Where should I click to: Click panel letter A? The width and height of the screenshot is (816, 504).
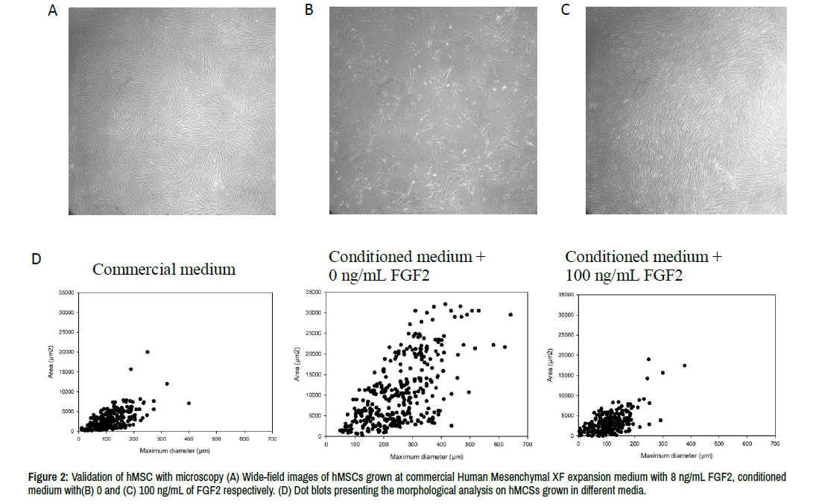52,11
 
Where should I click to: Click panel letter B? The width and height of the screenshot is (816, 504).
309,11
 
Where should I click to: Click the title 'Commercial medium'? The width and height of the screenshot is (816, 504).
164,269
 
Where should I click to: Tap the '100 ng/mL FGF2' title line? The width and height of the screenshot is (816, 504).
624,275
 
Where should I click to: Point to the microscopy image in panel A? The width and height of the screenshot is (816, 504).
169,111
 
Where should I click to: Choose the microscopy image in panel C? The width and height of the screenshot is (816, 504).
686,111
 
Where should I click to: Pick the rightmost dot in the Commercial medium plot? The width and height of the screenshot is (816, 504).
189,403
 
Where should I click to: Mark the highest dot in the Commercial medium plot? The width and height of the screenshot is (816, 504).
148,351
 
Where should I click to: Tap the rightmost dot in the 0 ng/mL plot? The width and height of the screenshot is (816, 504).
510,314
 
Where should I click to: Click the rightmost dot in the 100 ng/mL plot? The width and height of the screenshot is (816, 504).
684,365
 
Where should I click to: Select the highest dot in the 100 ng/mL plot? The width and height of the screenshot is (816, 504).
649,360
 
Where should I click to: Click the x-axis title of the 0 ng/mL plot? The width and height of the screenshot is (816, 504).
426,456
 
